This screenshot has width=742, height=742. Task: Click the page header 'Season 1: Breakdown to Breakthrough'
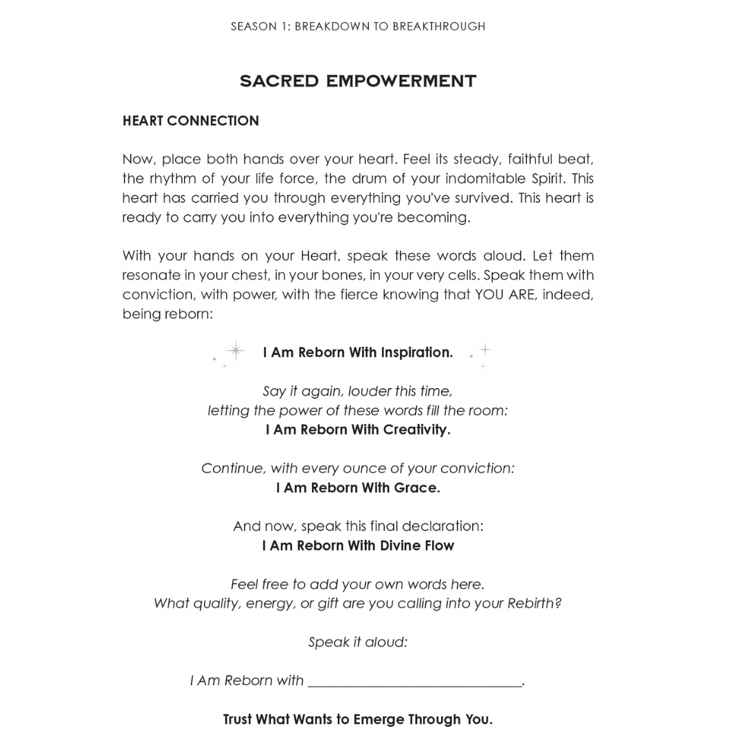[357, 27]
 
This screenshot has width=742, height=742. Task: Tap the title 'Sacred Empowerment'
[357, 81]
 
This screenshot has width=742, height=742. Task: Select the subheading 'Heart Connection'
[190, 121]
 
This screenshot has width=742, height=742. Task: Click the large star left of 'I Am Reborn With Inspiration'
[236, 350]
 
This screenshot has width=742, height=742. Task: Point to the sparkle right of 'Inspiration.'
[484, 350]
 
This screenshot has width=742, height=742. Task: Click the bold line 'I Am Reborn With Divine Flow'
[357, 546]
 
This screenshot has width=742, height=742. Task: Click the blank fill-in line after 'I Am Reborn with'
[415, 682]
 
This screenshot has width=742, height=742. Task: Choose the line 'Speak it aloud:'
[357, 642]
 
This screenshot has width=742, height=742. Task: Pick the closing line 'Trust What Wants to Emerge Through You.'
[357, 719]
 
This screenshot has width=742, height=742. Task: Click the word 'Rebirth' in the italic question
[533, 604]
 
